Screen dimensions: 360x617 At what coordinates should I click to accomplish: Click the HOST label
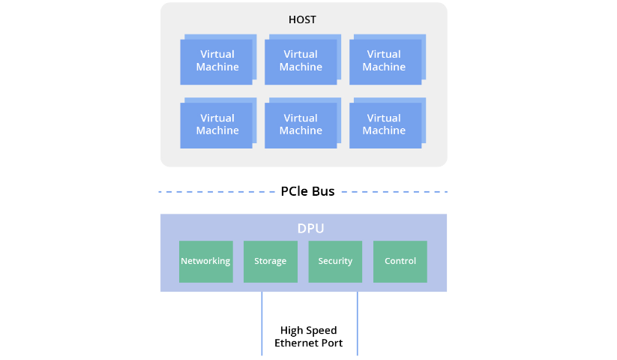[302, 19]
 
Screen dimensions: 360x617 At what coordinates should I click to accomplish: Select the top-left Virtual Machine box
[217, 61]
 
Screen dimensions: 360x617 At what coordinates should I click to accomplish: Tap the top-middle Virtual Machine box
[301, 61]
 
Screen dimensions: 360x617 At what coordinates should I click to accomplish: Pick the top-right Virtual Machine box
[384, 61]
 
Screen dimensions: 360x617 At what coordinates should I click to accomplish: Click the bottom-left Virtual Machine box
[217, 124]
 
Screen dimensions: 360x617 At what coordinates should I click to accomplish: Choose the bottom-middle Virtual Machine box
[301, 124]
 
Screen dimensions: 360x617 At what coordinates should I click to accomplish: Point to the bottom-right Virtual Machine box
[384, 124]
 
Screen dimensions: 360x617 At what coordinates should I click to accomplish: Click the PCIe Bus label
[307, 191]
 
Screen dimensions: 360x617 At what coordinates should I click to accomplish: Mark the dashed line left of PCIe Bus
[217, 192]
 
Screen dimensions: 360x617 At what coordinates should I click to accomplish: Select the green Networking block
[205, 261]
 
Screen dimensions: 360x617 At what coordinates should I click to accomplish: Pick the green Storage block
[270, 261]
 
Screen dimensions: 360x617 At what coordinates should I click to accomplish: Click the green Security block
[335, 261]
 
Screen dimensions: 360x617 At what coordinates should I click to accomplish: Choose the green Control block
[400, 261]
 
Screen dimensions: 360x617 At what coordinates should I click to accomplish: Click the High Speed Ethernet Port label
[308, 337]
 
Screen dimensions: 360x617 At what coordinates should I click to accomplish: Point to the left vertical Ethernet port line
[262, 323]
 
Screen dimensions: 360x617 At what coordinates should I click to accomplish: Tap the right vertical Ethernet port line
[358, 323]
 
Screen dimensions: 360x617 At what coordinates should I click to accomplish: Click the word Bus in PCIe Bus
[323, 191]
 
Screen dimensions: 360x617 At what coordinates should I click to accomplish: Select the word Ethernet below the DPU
[297, 343]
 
